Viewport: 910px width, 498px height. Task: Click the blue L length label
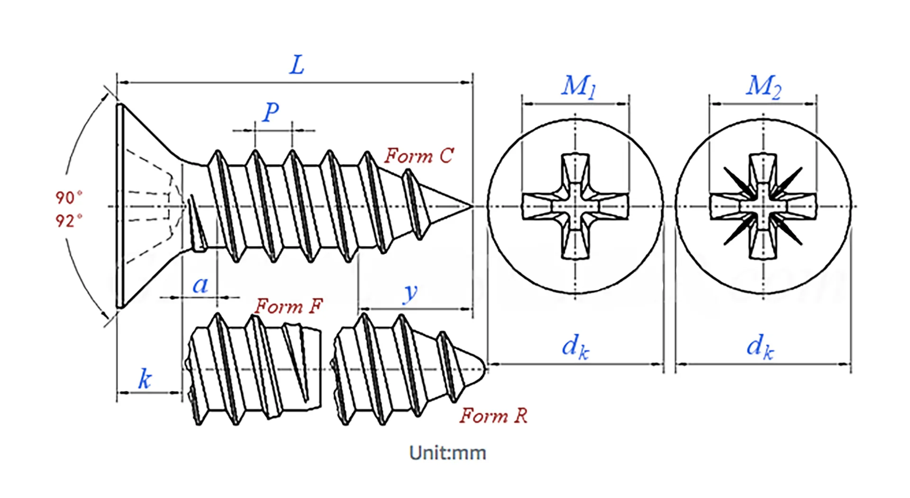pos(297,65)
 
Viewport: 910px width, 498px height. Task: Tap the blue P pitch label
pos(271,112)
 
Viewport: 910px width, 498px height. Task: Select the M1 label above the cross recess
pos(578,87)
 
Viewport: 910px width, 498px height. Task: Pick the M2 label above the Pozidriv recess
pos(764,87)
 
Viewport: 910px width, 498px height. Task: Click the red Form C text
pos(419,156)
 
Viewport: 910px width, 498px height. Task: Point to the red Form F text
pos(289,306)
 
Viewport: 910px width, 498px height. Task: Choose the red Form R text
pos(493,416)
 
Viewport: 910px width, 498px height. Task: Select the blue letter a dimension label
pos(200,285)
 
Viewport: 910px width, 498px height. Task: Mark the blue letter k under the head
pos(145,379)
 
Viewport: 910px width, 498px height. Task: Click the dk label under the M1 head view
pos(575,347)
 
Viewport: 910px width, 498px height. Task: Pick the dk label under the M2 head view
pos(760,347)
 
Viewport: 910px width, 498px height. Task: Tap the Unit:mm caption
pos(447,453)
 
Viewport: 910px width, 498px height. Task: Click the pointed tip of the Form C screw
pos(471,206)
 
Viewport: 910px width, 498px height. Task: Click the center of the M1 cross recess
pos(575,207)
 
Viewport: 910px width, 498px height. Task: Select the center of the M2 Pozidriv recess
pos(763,207)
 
